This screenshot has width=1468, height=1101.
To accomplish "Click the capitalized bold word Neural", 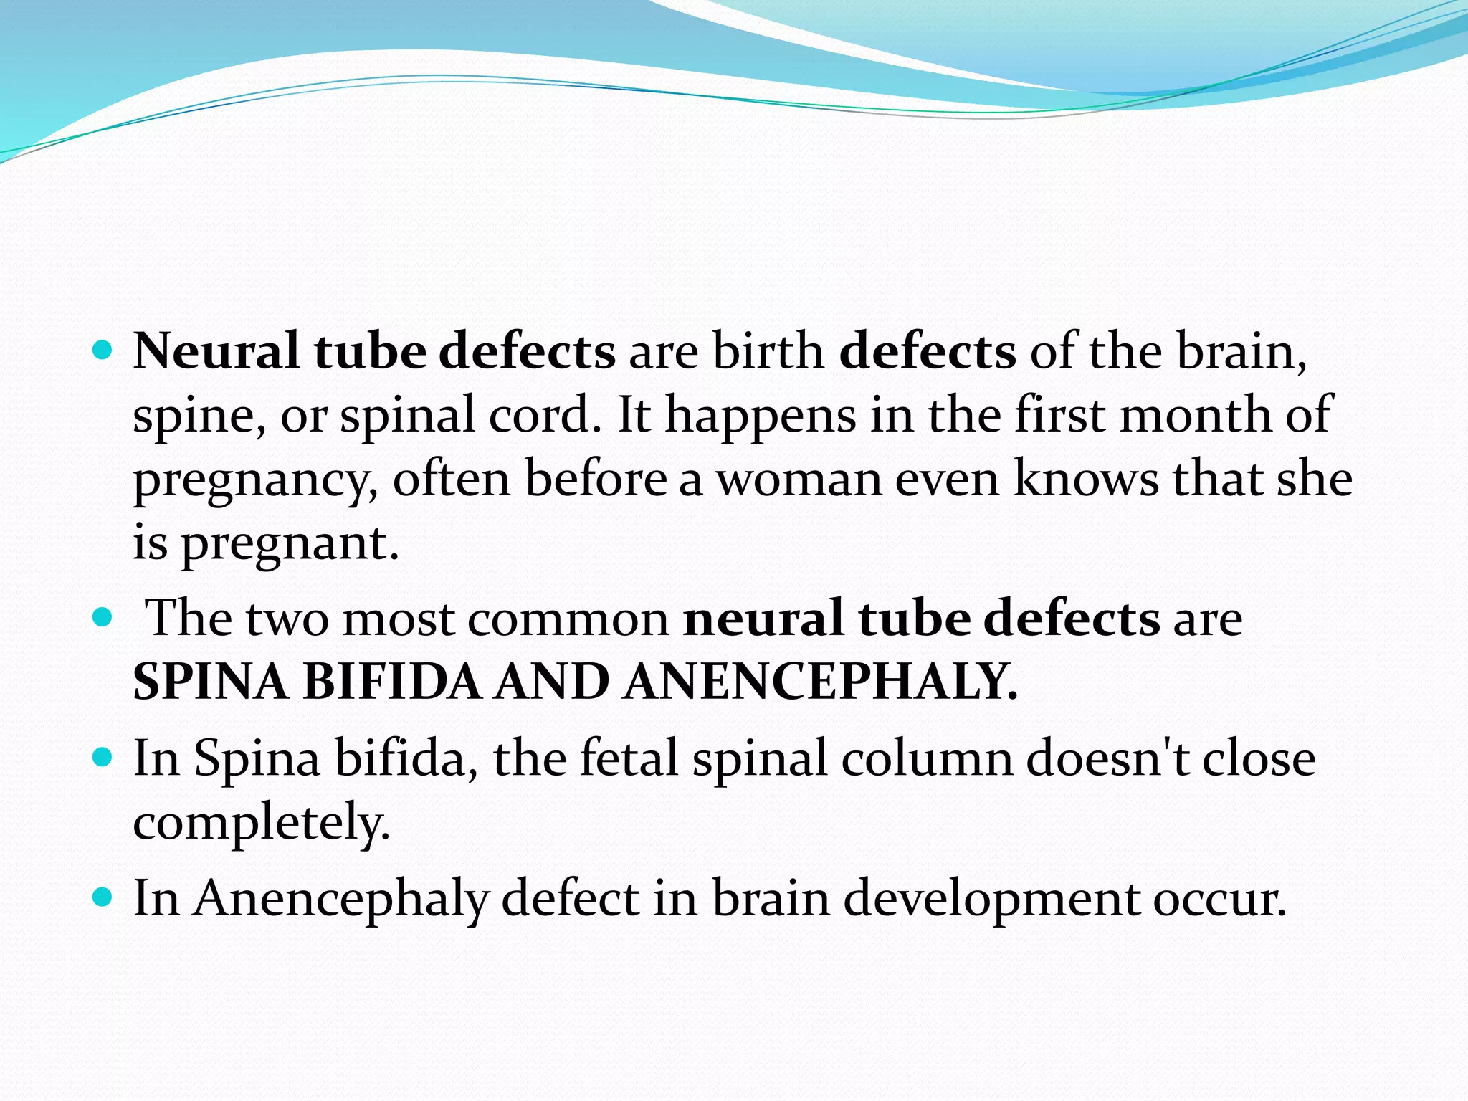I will point(216,351).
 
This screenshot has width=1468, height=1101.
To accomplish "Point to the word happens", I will point(761,416).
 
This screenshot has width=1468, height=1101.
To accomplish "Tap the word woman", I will point(800,480).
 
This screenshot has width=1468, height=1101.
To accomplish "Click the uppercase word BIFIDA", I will point(391,682).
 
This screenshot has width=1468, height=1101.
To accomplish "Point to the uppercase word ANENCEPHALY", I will point(820,682).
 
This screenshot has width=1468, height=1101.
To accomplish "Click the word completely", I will point(262,822).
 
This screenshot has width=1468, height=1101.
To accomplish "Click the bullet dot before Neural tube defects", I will point(103,351).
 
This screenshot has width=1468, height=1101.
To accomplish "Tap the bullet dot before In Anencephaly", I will point(103,897).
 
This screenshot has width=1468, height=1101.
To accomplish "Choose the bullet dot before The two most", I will point(103,617).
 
